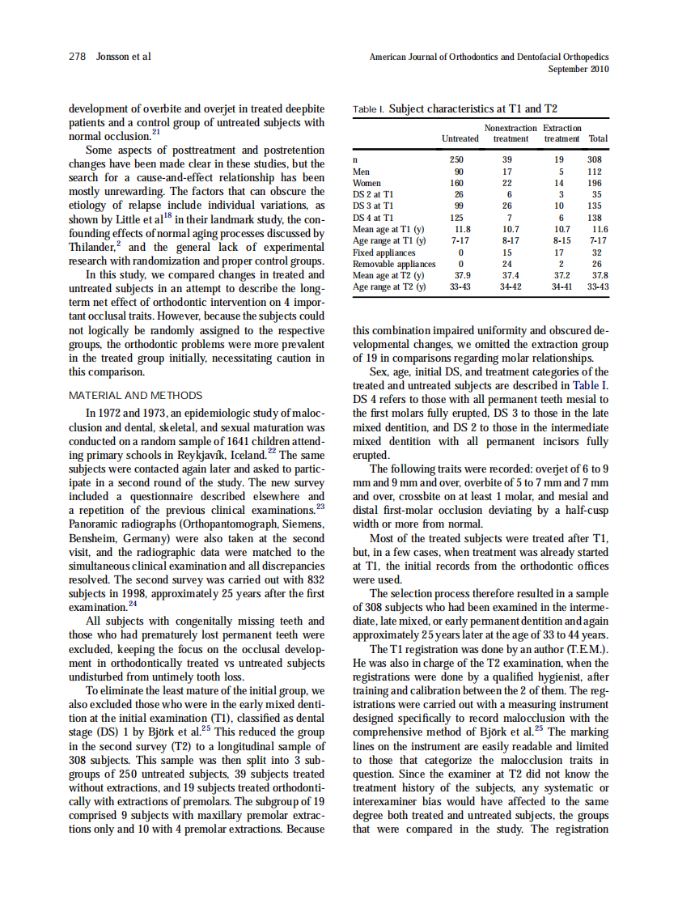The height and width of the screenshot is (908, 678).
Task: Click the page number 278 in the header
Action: coord(77,57)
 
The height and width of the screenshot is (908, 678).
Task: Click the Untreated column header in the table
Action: coord(460,138)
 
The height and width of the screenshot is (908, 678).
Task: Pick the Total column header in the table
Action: coord(598,138)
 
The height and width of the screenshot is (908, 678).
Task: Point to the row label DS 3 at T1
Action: coord(374,206)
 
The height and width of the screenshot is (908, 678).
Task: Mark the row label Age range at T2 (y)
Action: coord(389,287)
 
